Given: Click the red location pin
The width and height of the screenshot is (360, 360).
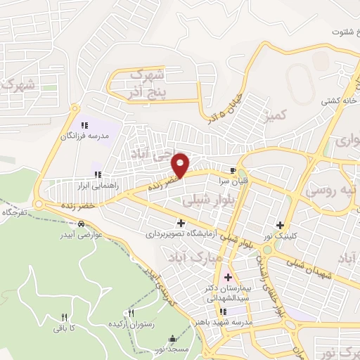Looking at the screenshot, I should (181, 165).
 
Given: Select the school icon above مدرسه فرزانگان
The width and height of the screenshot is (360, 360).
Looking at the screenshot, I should (84, 124).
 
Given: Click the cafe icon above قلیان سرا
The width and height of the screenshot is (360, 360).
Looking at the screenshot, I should (233, 170).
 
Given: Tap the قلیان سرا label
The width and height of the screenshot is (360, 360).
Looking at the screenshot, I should (233, 180).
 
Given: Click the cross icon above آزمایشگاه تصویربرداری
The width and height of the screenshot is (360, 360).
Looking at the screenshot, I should (181, 223).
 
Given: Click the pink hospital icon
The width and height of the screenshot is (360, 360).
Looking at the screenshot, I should (226, 276).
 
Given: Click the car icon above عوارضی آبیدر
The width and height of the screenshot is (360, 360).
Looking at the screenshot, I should (82, 224).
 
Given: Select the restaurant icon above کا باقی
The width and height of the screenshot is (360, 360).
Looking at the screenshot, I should (65, 317).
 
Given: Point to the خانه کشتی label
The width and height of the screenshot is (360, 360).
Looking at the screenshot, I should (336, 101).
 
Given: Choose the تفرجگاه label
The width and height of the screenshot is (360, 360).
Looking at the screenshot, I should (15, 212).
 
